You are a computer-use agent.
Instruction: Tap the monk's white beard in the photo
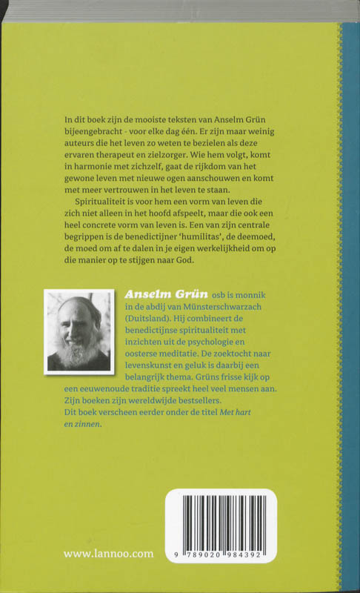click(76, 351)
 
